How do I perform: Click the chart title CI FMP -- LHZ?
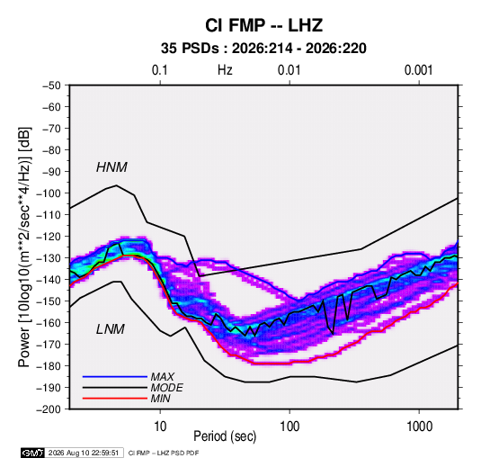(x=263, y=25)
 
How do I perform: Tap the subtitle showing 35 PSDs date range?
(x=263, y=49)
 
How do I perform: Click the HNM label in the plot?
(x=111, y=167)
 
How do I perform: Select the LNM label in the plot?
(x=111, y=329)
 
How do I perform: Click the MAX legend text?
(x=163, y=376)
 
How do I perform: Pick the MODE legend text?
(x=167, y=388)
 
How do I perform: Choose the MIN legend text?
(x=160, y=399)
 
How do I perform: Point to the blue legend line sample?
(x=115, y=376)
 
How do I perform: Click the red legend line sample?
(x=115, y=399)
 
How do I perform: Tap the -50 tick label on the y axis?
(x=51, y=85)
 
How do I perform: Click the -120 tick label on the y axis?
(x=49, y=237)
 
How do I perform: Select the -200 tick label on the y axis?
(x=49, y=409)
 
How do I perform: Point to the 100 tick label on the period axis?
(x=289, y=427)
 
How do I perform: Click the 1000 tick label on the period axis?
(x=419, y=427)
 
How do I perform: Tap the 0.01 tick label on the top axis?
(x=289, y=70)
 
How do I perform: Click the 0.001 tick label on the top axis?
(x=418, y=70)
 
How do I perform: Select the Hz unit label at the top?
(x=225, y=70)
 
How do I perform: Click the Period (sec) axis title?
(x=225, y=436)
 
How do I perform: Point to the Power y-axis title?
(x=24, y=247)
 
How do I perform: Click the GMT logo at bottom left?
(x=32, y=453)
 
